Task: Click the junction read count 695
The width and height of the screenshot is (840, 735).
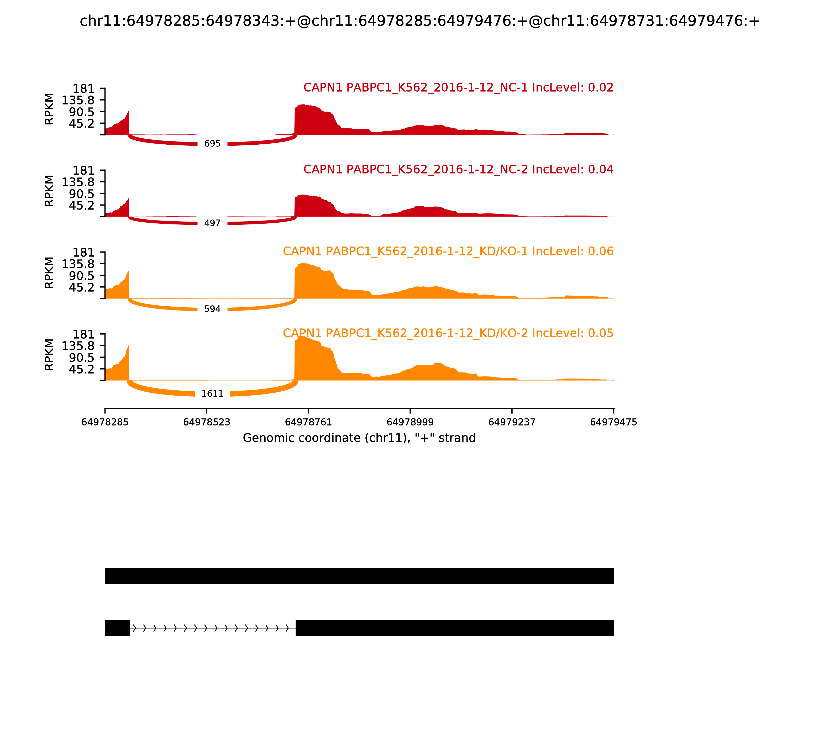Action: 212,144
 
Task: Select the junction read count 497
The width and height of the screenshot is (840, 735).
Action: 212,223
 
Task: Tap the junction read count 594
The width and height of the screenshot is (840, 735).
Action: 212,309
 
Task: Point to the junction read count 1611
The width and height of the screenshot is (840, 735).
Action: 212,394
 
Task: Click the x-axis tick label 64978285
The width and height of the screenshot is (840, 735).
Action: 105,422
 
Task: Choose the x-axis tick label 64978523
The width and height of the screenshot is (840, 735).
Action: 207,422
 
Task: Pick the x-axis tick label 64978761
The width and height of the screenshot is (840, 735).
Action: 308,422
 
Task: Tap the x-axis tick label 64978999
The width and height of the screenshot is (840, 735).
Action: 410,422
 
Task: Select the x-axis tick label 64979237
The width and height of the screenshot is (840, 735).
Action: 512,422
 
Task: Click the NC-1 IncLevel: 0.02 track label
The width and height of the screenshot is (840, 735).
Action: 458,88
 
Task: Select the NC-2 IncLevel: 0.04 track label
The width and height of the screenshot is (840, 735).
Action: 458,169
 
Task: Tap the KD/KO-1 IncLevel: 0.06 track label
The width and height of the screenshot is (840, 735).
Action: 448,251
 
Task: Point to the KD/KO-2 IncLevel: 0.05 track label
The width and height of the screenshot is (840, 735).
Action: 448,333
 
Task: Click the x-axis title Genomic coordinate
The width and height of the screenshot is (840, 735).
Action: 359,438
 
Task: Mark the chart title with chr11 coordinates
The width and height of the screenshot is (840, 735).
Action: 419,21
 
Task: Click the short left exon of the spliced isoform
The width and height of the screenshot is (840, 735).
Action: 117,628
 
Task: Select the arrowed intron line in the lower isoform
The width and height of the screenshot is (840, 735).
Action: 212,628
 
